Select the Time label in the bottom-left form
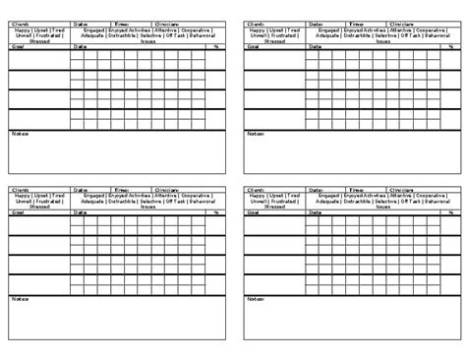tap(123, 189)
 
